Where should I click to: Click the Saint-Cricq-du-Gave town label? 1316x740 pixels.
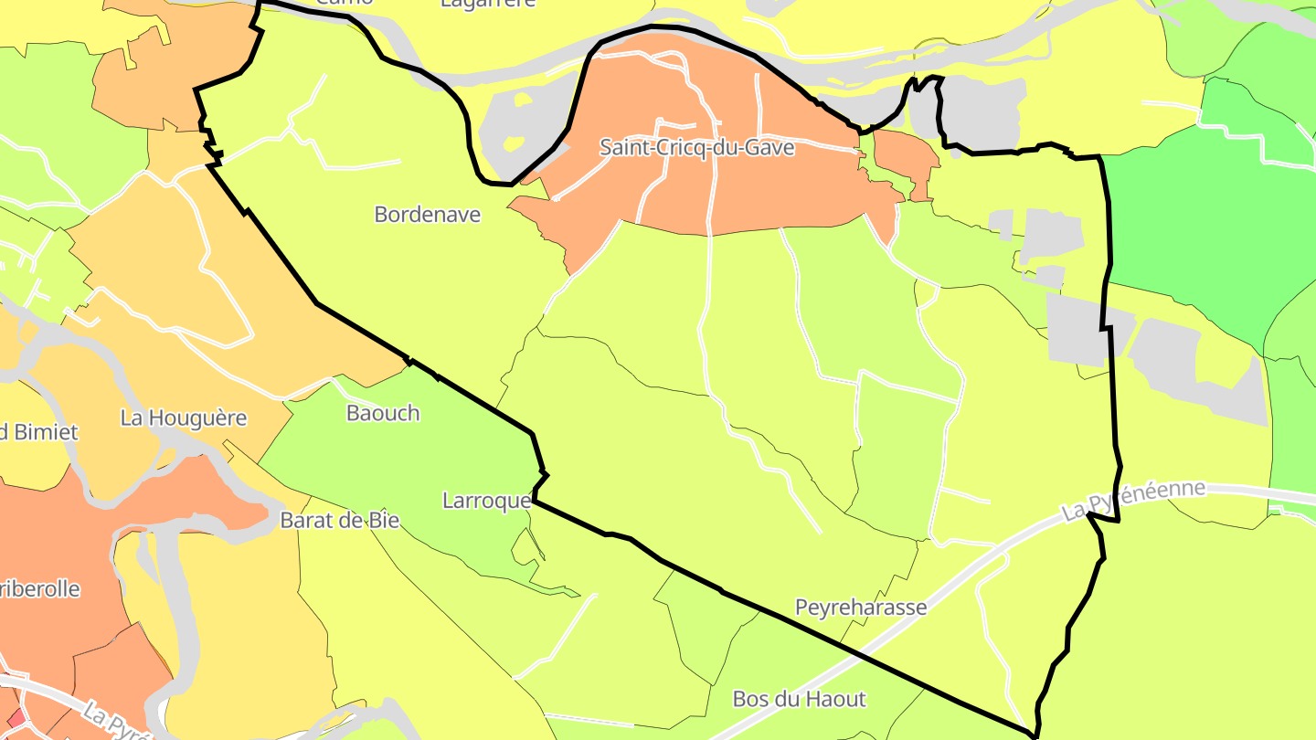tap(696, 147)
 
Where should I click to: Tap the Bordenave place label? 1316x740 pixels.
tap(427, 215)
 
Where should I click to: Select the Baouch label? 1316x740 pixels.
tap(383, 413)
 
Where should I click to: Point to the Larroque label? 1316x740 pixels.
tap(486, 501)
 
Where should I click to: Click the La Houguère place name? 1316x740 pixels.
tap(184, 418)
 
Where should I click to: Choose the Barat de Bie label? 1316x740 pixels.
tap(340, 521)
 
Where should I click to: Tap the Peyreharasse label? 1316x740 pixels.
tap(861, 608)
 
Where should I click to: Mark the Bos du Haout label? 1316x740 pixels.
tap(799, 700)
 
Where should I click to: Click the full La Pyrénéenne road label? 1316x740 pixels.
tap(1133, 501)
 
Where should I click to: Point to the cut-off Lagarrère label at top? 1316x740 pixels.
tap(488, 4)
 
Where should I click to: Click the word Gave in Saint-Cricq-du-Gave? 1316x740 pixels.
tap(773, 147)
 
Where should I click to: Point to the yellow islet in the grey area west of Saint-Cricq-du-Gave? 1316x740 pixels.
tap(514, 143)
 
